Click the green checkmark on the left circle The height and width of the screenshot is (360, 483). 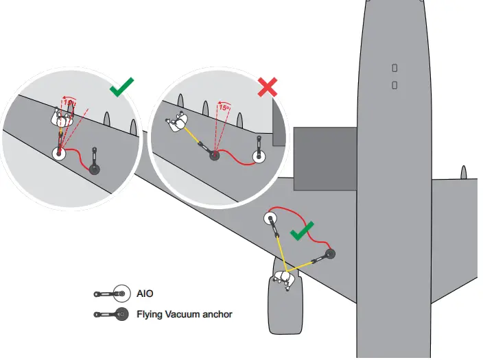point(121,87)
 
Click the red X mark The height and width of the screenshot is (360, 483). point(267,87)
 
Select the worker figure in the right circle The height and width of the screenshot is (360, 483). point(178,123)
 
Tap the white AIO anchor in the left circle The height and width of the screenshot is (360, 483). point(59,153)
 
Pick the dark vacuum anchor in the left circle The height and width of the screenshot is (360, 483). point(97,169)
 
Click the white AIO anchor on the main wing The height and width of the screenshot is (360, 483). point(270,219)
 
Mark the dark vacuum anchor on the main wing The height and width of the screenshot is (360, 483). point(330,254)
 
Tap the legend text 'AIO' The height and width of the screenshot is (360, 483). point(145,293)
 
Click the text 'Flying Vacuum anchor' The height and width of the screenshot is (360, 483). point(184,315)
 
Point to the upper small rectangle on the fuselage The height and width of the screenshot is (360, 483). point(394,68)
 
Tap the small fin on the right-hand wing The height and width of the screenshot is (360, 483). point(464,173)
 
